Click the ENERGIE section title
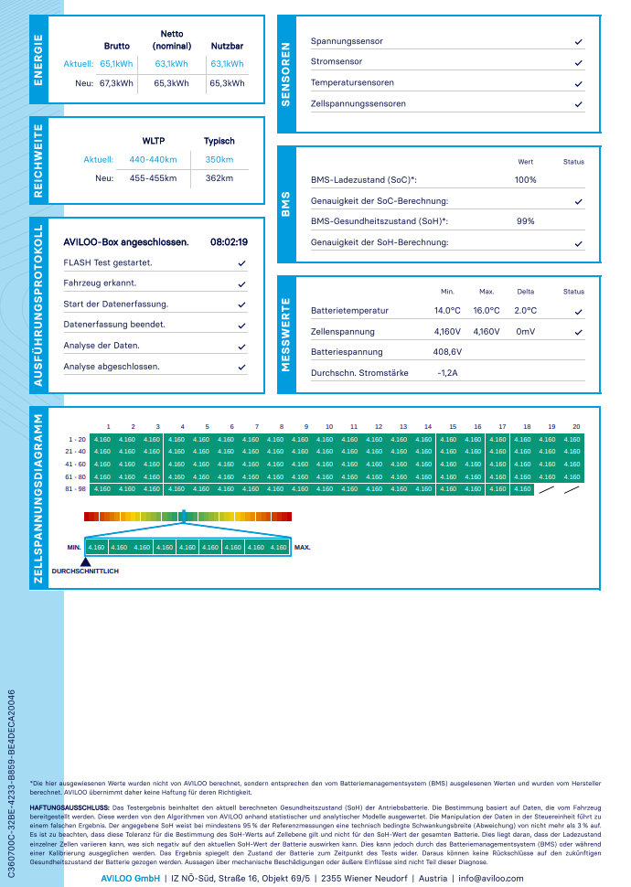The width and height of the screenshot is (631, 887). point(38,59)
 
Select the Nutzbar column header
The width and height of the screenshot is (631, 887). point(227,45)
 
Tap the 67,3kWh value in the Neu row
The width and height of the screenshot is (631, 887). point(116,82)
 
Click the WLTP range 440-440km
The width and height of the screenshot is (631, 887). point(153,160)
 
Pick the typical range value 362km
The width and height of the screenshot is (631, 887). point(219,178)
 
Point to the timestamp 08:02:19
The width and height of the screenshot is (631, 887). point(229,242)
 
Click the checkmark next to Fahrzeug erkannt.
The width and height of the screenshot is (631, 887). point(241,283)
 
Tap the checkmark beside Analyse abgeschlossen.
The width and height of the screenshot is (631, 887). point(241,367)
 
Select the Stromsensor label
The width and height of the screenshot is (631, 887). point(337,62)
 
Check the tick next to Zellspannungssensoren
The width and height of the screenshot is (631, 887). point(578,104)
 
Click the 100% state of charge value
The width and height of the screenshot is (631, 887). point(526,180)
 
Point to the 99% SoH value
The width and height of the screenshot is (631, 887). point(526,221)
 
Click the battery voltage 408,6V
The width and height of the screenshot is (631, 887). point(448,352)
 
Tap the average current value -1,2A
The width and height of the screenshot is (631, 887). point(448,373)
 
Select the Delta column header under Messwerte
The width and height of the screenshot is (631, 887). point(526,292)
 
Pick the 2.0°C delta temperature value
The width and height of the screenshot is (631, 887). point(526,311)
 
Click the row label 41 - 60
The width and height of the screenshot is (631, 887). point(76,465)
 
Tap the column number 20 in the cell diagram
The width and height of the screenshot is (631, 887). point(576,427)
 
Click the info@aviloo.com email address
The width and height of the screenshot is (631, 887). point(491,878)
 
